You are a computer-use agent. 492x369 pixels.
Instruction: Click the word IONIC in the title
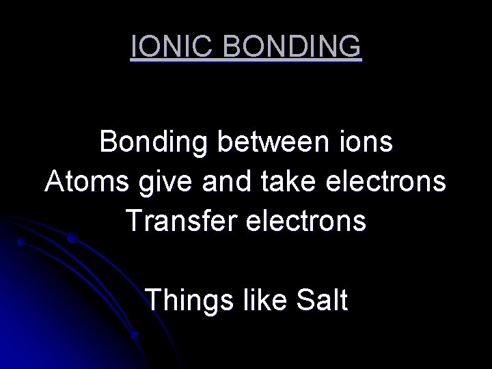pos(172,47)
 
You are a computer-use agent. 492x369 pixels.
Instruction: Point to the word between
pos(277,142)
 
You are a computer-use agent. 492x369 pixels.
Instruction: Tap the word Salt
pos(322,299)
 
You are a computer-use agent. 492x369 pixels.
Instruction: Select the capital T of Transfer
pos(134,221)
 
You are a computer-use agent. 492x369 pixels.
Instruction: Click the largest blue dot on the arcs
pos(71,238)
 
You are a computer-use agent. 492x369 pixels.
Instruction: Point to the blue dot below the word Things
pos(135,336)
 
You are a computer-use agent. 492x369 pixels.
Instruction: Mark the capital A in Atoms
pos(56,182)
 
